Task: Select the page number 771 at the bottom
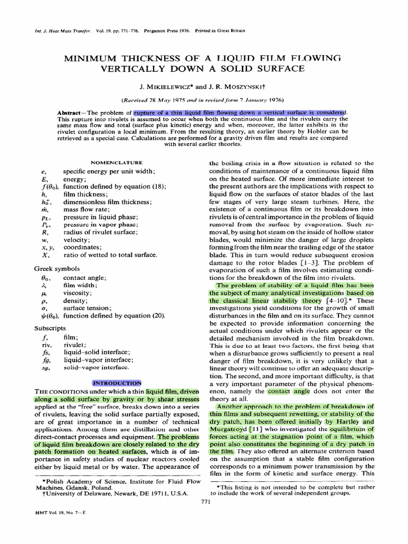pyautogui.click(x=204, y=501)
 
